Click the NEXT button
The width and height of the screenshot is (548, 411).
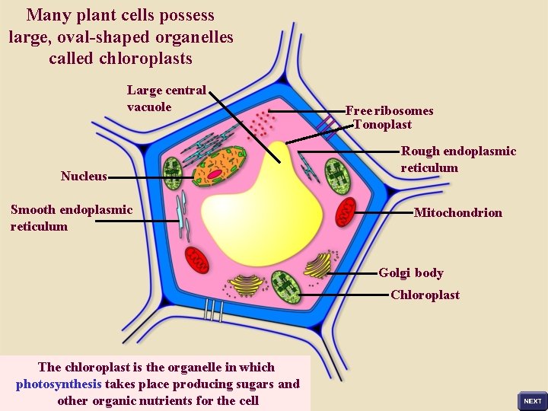(532, 400)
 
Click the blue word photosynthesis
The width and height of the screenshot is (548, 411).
(59, 384)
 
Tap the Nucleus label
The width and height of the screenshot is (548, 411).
(84, 177)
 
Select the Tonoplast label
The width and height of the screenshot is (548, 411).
(382, 124)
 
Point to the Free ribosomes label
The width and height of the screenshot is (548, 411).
(390, 110)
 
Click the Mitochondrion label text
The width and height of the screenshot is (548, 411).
(457, 212)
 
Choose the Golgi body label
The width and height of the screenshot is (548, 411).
(411, 272)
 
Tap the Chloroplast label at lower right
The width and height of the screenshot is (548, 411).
(425, 295)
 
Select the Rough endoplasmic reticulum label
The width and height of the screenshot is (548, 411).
(458, 159)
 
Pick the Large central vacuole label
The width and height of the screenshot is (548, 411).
(166, 98)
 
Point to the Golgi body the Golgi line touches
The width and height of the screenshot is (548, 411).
(318, 266)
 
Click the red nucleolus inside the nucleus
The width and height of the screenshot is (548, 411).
(215, 174)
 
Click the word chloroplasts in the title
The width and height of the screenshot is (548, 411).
(145, 58)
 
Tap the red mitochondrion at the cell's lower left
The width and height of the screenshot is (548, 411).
(199, 260)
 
